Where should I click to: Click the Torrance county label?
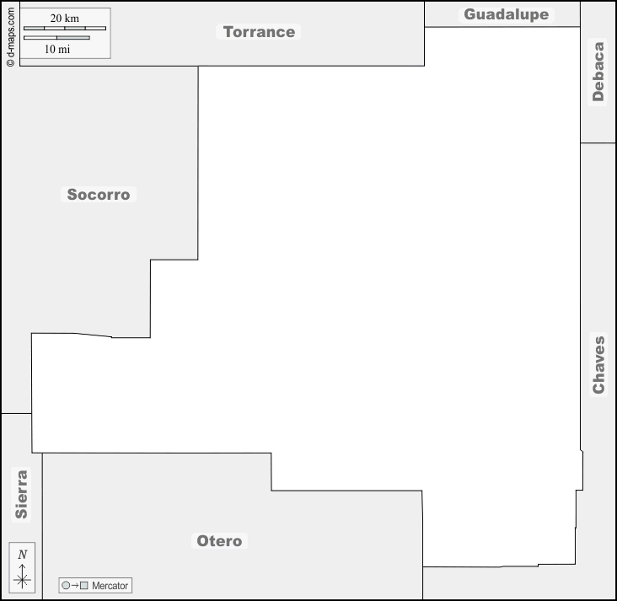(x=259, y=32)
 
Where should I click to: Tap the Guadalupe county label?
(x=507, y=14)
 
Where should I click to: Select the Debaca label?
(x=598, y=72)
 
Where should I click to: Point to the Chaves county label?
(x=598, y=365)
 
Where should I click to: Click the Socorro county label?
(x=99, y=195)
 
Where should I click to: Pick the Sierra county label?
(x=21, y=494)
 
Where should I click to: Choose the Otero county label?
(x=219, y=541)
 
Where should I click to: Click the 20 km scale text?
(x=65, y=18)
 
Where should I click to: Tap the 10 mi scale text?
(x=57, y=49)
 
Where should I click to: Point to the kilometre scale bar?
(x=65, y=29)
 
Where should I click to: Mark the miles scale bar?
(x=56, y=38)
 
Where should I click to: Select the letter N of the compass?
(x=22, y=555)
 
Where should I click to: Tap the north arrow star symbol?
(x=22, y=579)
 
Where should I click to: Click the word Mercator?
(x=110, y=586)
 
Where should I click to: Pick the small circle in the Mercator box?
(x=66, y=585)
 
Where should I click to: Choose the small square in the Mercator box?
(x=83, y=585)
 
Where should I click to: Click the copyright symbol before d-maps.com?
(x=11, y=62)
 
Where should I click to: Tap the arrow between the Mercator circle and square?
(x=75, y=585)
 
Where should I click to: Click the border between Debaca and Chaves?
(x=598, y=142)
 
